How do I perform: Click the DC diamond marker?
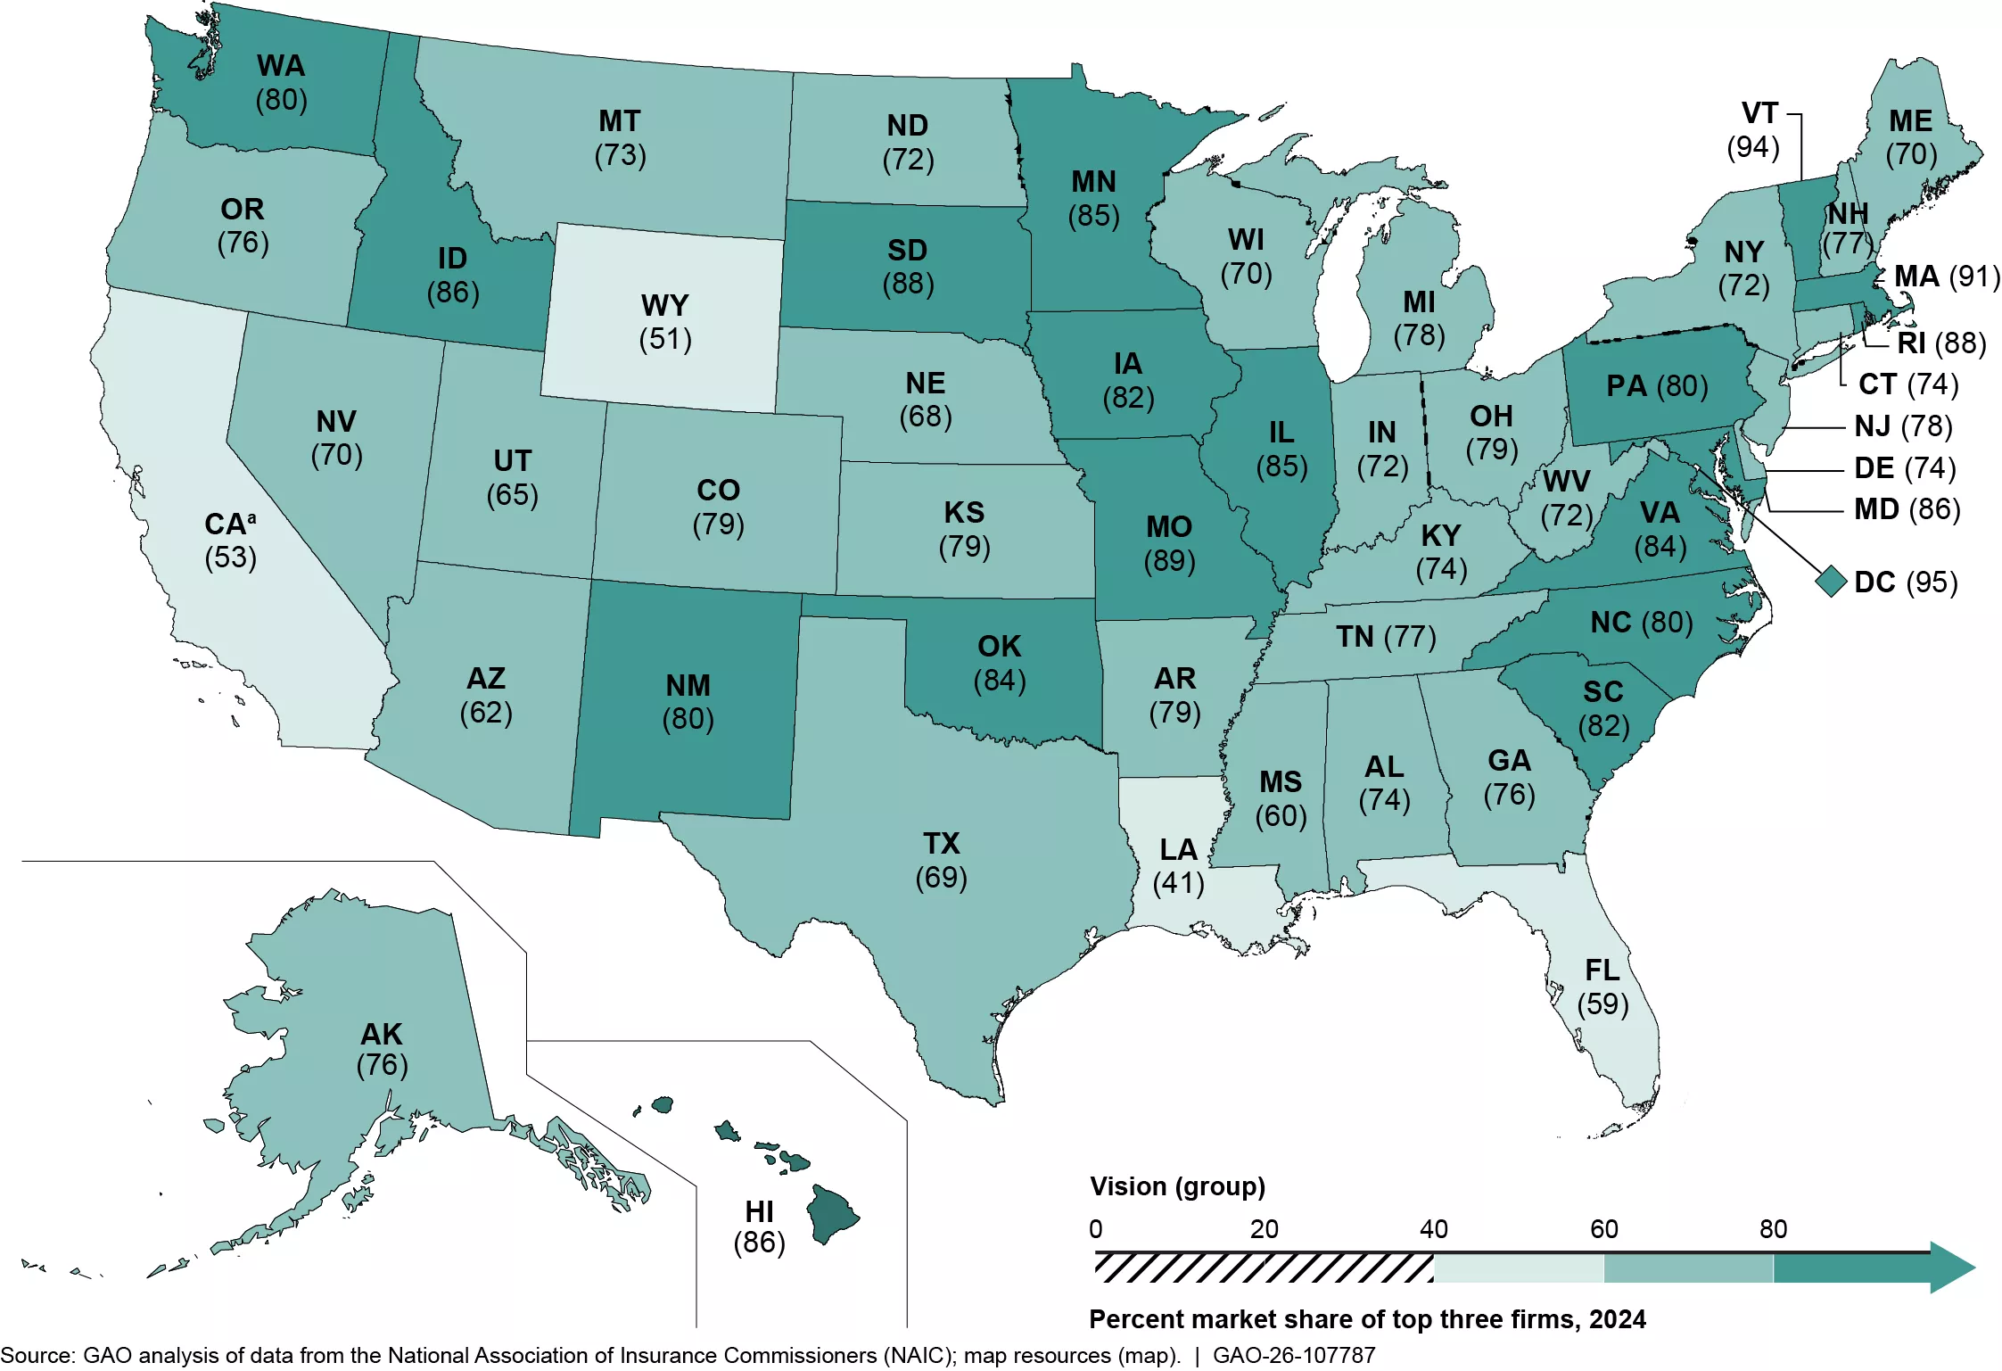click(x=1831, y=582)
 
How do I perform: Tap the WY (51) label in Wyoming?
click(x=665, y=322)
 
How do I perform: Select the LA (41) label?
click(x=1178, y=866)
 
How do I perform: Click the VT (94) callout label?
click(x=1754, y=130)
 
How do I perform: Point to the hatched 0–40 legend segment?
click(x=1264, y=1268)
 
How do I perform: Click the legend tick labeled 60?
click(x=1603, y=1229)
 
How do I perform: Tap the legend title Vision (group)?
click(x=1177, y=1186)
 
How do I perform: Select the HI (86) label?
click(x=759, y=1226)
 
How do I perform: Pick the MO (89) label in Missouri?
click(x=1169, y=543)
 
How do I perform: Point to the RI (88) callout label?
click(x=1941, y=343)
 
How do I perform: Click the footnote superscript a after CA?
click(x=251, y=517)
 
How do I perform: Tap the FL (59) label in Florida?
click(x=1602, y=987)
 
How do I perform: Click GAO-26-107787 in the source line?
click(x=1294, y=1355)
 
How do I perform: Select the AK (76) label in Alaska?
click(x=382, y=1048)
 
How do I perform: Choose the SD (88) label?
click(x=908, y=267)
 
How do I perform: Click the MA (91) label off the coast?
click(x=1947, y=277)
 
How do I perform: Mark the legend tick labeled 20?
click(x=1264, y=1229)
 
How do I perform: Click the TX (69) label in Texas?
click(x=941, y=860)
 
